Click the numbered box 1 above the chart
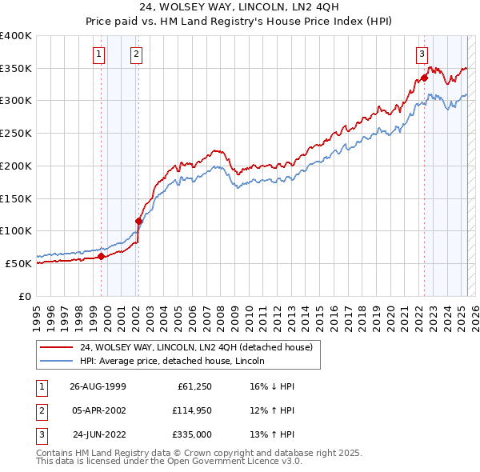[x=98, y=54]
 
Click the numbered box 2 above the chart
[x=136, y=54]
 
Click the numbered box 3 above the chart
[x=421, y=54]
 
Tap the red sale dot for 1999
[x=102, y=256]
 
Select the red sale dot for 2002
[x=138, y=221]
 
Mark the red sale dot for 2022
[x=424, y=78]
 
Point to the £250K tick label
[x=15, y=134]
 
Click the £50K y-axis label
[x=18, y=263]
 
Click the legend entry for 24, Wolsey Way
[x=200, y=347]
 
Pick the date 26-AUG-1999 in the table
[x=98, y=386]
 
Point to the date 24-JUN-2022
[x=99, y=434]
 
